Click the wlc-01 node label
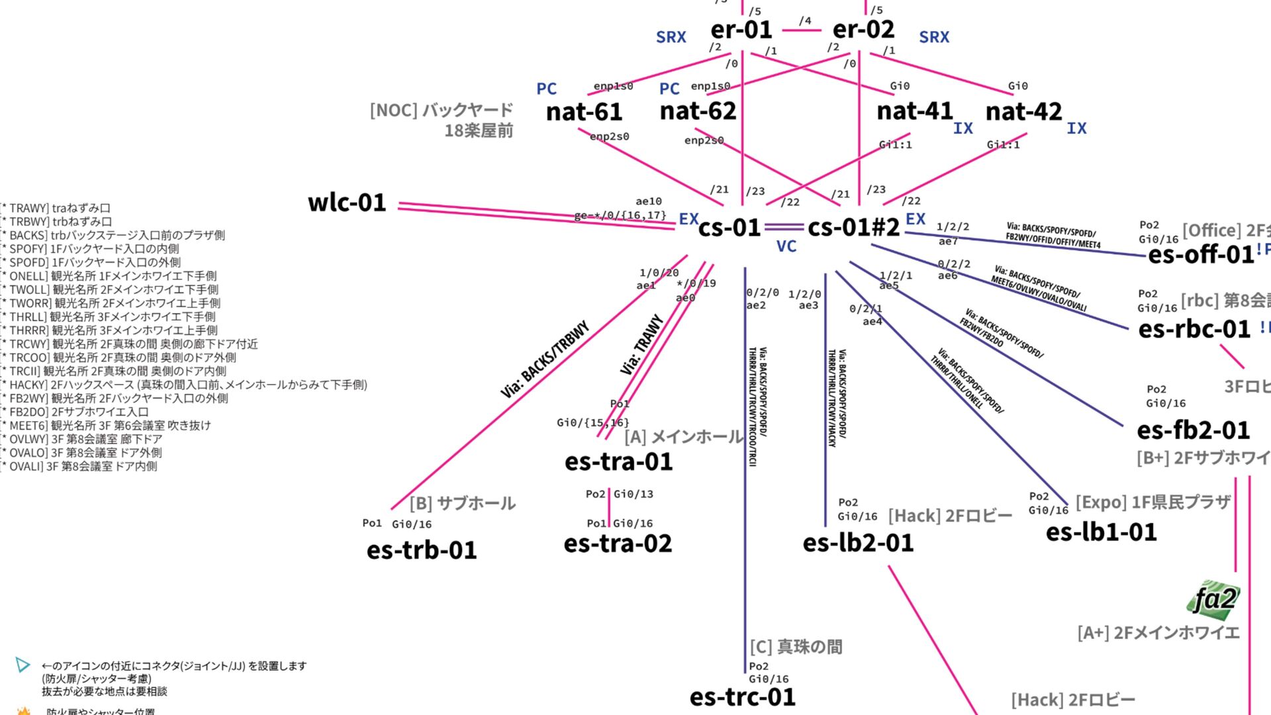click(347, 203)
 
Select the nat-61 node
click(584, 112)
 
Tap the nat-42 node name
click(1023, 112)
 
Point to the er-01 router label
click(741, 30)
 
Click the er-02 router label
click(863, 30)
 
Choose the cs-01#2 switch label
click(853, 228)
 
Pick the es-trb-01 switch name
click(422, 550)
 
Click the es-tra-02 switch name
click(618, 544)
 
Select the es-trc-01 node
click(742, 697)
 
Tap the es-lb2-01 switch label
click(858, 543)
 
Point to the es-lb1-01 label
click(1101, 532)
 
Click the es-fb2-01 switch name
click(1193, 430)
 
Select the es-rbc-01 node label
click(1194, 329)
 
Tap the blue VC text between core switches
click(786, 247)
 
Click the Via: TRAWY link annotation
click(641, 345)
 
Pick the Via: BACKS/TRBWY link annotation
click(544, 360)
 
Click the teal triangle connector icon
click(23, 665)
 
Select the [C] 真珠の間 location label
click(796, 647)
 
